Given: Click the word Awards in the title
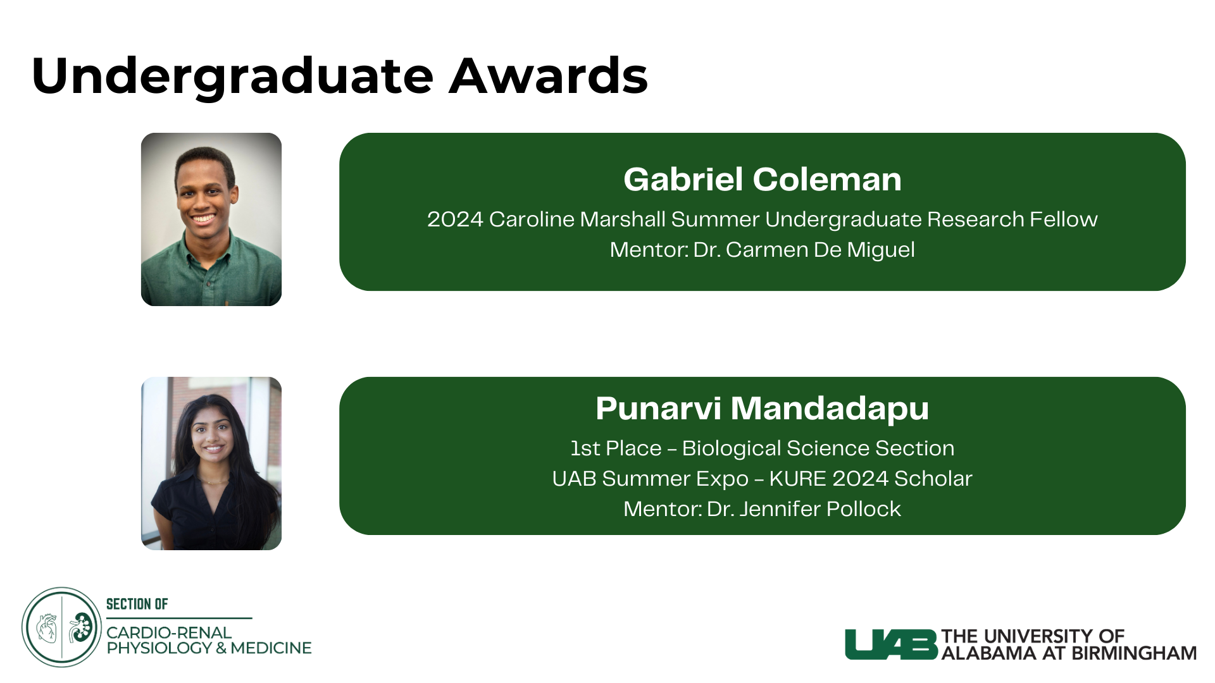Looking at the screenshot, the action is [549, 76].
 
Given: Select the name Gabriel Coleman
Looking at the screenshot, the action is [763, 179].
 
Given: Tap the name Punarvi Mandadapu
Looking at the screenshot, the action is [763, 409].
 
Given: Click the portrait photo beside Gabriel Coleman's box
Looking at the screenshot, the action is [211, 219].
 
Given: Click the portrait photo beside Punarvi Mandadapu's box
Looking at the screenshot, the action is [211, 464].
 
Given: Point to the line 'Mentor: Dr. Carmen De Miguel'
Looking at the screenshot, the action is [763, 250].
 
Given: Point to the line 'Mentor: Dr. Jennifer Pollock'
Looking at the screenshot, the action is [763, 508].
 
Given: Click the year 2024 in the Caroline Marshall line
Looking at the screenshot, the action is [455, 219].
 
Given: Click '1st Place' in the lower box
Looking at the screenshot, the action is [616, 448].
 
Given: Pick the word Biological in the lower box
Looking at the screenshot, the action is [732, 449].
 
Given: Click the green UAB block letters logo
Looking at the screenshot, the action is [891, 644].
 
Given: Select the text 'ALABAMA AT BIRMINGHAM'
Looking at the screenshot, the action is [1069, 653].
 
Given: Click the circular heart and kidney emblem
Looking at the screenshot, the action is [62, 627].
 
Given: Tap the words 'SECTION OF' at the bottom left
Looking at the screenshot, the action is [137, 604].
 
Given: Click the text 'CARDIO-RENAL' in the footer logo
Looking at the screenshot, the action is [169, 632].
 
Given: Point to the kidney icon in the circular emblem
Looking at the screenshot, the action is [81, 627].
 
